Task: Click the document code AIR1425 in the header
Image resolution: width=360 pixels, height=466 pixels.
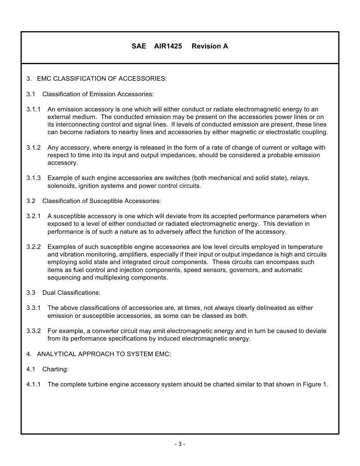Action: tap(168, 46)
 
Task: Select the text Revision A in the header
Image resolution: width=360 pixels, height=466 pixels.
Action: tap(210, 46)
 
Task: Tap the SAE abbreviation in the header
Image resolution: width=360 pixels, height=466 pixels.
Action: tap(139, 46)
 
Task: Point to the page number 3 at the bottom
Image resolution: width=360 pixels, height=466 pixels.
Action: tap(180, 444)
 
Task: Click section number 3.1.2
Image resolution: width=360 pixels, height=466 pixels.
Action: tap(33, 147)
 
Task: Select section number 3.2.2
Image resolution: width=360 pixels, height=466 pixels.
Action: tap(33, 247)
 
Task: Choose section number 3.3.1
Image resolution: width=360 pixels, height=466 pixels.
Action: tap(33, 308)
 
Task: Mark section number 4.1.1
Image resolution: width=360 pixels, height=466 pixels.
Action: tap(33, 385)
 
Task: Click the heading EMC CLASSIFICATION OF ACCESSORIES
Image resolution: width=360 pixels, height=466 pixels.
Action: tap(102, 79)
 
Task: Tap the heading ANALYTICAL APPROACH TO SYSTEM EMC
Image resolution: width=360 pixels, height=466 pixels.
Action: tap(104, 354)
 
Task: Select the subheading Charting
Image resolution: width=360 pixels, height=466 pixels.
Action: tap(55, 369)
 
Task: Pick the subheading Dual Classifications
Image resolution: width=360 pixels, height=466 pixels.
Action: tap(71, 293)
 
